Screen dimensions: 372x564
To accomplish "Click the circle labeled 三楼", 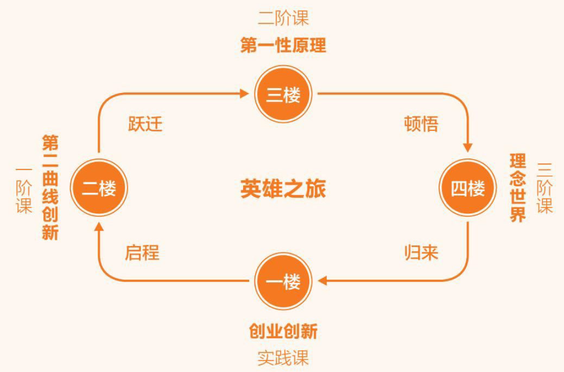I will (x=283, y=94).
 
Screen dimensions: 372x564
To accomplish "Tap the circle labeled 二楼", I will (x=99, y=188).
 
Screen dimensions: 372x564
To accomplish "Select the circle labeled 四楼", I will (x=468, y=188).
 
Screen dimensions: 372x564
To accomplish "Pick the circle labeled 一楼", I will (x=283, y=282).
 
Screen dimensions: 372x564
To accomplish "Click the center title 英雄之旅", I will (x=283, y=189).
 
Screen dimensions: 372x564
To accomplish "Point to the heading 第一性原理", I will (x=283, y=46).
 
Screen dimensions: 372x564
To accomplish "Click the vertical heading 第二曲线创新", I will (x=50, y=188).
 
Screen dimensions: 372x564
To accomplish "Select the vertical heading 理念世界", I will (x=518, y=188).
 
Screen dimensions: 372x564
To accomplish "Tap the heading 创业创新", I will (x=283, y=331).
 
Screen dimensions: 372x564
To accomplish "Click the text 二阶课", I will (x=283, y=19).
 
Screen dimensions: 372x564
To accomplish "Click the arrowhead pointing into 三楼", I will (x=244, y=93).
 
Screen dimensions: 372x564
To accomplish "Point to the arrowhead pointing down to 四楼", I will (x=468, y=147).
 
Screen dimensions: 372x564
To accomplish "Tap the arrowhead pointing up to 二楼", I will (x=99, y=227).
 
